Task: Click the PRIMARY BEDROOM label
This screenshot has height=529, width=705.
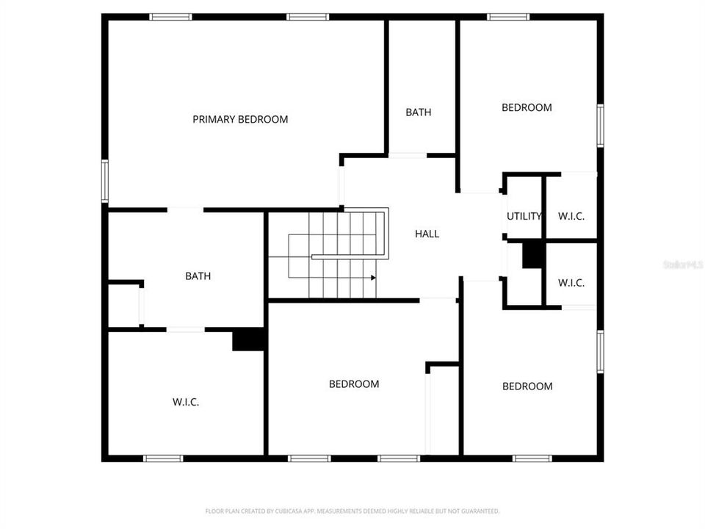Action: click(240, 119)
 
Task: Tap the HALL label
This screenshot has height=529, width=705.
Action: click(427, 234)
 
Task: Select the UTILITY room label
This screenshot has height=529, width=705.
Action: click(524, 216)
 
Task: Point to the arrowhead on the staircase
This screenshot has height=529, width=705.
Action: click(373, 278)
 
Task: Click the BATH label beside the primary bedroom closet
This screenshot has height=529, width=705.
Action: click(198, 276)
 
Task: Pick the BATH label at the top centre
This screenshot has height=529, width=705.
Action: click(419, 112)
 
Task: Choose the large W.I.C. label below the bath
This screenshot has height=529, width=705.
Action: click(186, 402)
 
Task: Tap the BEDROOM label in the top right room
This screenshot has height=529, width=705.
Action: click(527, 107)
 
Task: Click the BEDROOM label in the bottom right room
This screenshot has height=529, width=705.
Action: click(527, 386)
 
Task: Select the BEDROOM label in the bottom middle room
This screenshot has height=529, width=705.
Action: click(354, 384)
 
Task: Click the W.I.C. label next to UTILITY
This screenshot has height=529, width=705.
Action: click(571, 216)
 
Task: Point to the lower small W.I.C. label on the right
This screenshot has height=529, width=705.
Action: click(571, 282)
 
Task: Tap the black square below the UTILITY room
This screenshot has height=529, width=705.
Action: click(532, 255)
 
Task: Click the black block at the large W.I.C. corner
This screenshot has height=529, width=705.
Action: click(248, 339)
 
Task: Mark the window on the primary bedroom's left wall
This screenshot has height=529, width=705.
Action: click(105, 180)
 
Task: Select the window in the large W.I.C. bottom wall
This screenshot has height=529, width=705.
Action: click(163, 458)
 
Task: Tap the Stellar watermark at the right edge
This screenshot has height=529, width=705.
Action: click(683, 264)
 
